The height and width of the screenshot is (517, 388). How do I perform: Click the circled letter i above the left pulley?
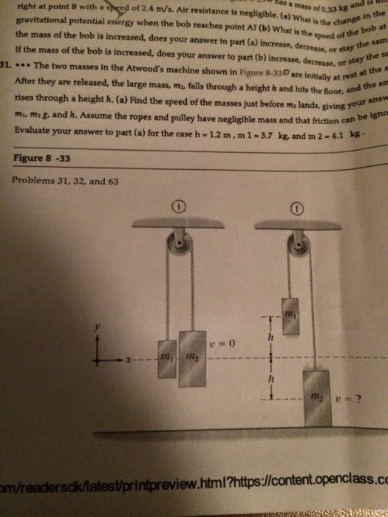tap(178, 208)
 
